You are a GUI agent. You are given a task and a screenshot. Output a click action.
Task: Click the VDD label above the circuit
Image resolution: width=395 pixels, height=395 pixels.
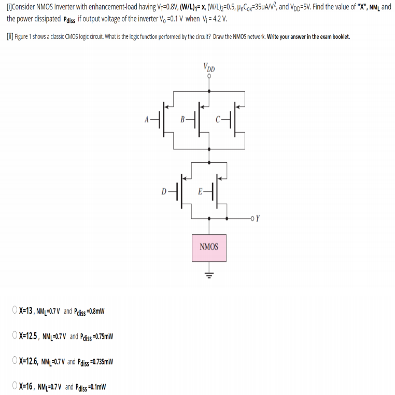click(x=209, y=67)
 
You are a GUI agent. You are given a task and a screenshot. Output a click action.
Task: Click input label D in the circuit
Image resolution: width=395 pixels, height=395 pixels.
click(x=164, y=191)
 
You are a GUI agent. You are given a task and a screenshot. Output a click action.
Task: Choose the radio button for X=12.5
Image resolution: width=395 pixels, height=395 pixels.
click(x=15, y=336)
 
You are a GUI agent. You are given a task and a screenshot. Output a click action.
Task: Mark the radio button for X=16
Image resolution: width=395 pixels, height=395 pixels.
click(x=15, y=386)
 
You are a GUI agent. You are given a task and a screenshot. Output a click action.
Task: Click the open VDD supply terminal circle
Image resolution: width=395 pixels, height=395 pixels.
click(x=209, y=76)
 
